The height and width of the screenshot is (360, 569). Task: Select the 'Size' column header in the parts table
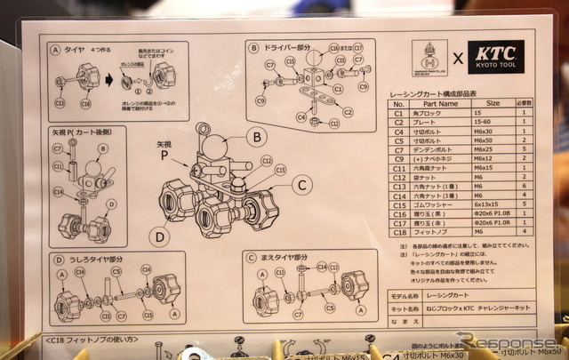493,104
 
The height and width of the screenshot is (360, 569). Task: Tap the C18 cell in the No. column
399,232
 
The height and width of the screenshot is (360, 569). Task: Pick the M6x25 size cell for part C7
493,150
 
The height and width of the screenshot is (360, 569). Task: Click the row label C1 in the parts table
399,114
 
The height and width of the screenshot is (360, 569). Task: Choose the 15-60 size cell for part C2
493,123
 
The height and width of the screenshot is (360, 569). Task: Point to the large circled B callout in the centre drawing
256,138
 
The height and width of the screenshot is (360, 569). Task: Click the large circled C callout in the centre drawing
302,185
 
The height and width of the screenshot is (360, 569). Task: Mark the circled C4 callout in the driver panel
303,117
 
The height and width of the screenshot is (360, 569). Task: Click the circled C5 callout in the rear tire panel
116,270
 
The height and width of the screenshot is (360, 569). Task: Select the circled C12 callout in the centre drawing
266,160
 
